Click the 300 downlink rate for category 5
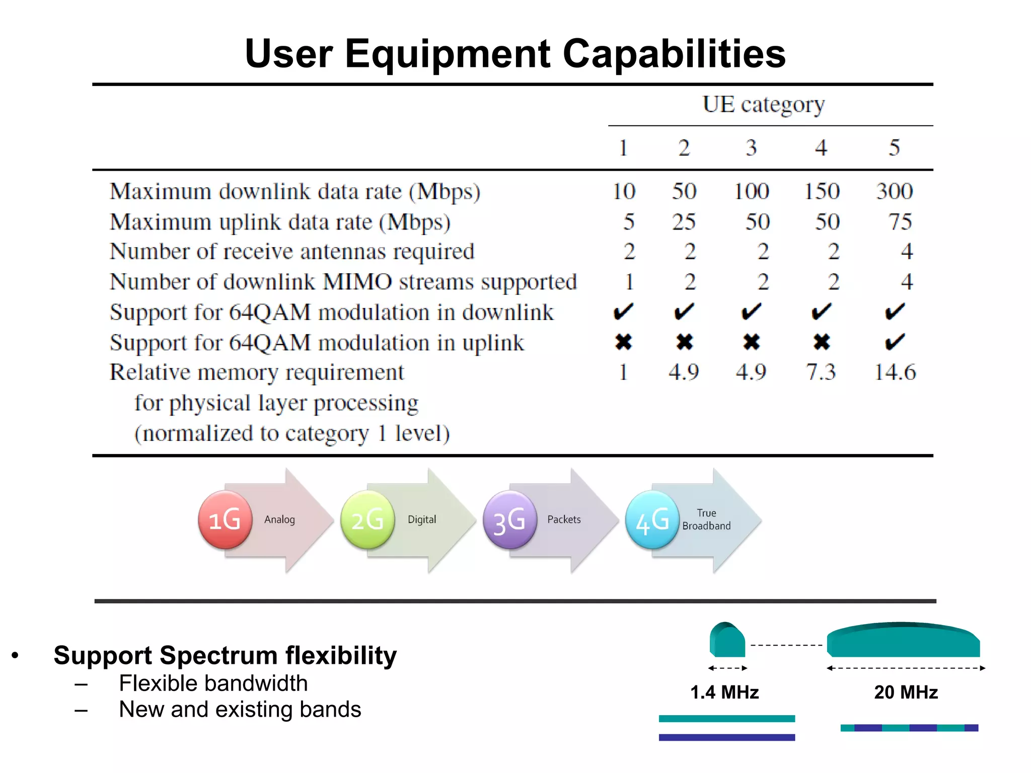895,192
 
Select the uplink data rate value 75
900,222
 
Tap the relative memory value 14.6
895,372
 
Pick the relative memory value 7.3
821,372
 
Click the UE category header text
764,105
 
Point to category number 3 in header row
751,148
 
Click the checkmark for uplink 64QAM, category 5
895,342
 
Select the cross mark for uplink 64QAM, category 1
623,342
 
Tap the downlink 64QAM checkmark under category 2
684,312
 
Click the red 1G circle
225,520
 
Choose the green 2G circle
367,520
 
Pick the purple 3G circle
509,520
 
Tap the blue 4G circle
652,520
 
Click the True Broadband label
706,519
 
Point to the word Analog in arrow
279,519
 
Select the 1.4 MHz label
724,692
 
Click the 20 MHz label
906,692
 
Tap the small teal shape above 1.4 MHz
727,640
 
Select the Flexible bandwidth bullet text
213,683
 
